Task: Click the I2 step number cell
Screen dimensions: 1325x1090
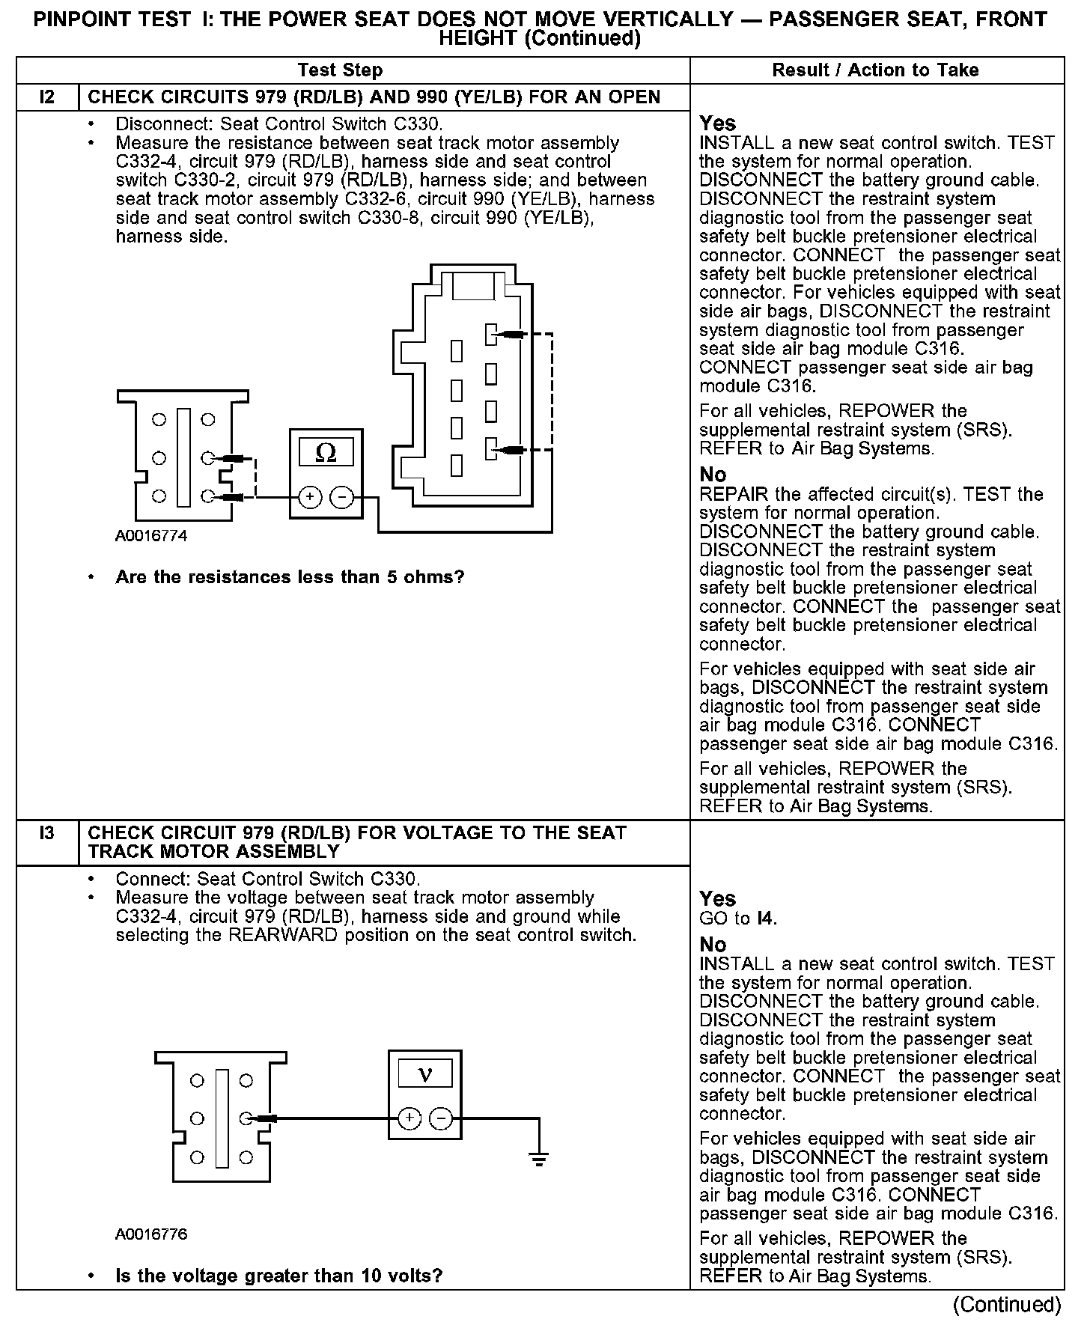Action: (46, 97)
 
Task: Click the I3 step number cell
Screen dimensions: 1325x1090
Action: (46, 833)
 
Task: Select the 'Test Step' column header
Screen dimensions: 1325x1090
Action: (340, 70)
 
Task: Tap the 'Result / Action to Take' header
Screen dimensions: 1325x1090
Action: (875, 70)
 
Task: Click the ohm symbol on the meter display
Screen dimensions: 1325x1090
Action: (326, 453)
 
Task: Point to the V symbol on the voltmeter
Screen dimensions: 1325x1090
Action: (424, 1075)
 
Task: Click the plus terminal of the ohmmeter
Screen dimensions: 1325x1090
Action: (310, 496)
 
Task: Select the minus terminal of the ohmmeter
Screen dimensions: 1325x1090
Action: (342, 496)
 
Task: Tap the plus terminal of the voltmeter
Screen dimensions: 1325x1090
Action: (409, 1118)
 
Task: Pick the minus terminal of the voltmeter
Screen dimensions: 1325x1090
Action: (442, 1118)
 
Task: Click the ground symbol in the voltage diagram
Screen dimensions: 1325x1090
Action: (538, 1160)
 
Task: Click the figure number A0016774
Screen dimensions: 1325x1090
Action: (151, 536)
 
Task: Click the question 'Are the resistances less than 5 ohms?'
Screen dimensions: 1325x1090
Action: (290, 577)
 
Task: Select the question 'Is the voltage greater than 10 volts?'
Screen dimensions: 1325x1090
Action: (278, 1276)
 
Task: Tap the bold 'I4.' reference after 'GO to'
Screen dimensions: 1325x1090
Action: (766, 918)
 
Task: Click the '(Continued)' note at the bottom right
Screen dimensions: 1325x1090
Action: (1007, 1305)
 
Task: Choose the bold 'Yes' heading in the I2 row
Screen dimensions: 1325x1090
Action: (717, 124)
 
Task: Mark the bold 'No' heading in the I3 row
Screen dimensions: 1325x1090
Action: (713, 945)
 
